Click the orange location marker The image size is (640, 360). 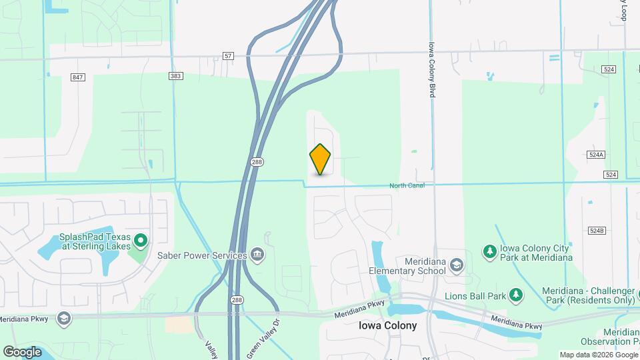point(320,159)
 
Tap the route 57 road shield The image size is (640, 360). point(229,57)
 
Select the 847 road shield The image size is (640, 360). point(78,77)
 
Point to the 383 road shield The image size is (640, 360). point(175,77)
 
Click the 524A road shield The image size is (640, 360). point(596,154)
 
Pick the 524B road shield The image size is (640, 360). point(596,231)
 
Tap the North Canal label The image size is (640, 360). point(407,185)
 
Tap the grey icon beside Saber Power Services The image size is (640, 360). point(257,255)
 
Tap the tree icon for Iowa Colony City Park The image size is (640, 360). point(490,251)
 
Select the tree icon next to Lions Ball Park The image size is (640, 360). point(515,294)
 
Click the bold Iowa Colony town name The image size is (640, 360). point(387,326)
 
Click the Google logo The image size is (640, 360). point(22,352)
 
